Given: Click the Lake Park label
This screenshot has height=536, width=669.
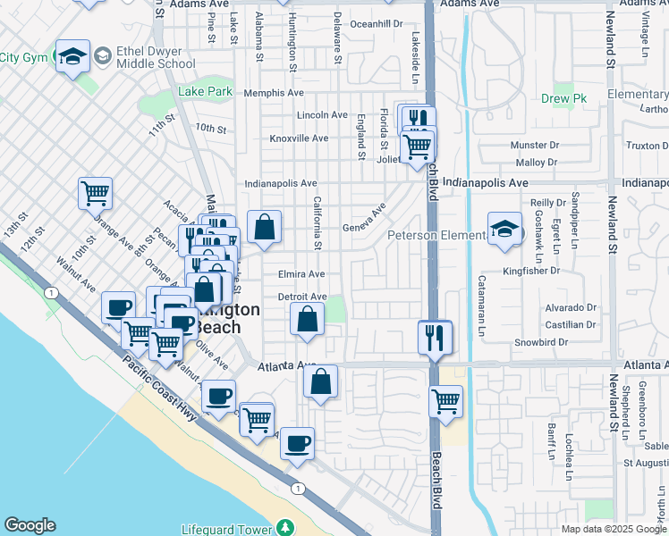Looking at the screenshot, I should click(x=205, y=92).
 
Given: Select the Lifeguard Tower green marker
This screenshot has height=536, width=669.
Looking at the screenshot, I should click(x=285, y=528).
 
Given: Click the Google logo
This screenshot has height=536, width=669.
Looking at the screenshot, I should click(x=30, y=525).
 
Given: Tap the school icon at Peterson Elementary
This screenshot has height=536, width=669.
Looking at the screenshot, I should click(x=504, y=230).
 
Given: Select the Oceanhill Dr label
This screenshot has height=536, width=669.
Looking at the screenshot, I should click(x=377, y=24).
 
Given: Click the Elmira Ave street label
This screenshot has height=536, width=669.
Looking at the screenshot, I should click(x=301, y=274).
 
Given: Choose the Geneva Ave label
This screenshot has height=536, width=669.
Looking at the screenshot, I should click(x=364, y=220).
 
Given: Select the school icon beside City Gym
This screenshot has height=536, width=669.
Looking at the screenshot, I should click(x=72, y=56).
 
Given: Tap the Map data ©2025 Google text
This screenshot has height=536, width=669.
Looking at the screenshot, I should click(x=613, y=529).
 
